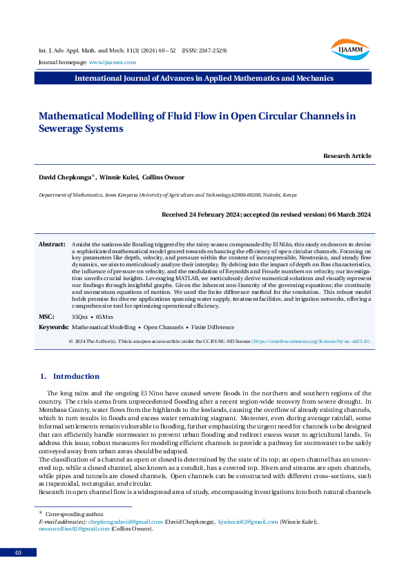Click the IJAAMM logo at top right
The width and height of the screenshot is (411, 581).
pyautogui.click(x=350, y=48)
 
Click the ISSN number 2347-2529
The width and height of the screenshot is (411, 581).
pyautogui.click(x=211, y=51)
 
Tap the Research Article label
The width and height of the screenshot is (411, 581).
pyautogui.click(x=347, y=156)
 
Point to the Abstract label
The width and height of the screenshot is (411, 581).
pyautogui.click(x=51, y=244)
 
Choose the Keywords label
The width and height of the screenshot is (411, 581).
pyautogui.click(x=52, y=326)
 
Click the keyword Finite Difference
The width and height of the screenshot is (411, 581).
pyautogui.click(x=213, y=326)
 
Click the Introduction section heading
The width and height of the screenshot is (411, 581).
pyautogui.click(x=76, y=376)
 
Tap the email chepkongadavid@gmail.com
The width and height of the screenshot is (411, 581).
pyautogui.click(x=125, y=522)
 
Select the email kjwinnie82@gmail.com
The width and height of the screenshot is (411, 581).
pyautogui.click(x=247, y=522)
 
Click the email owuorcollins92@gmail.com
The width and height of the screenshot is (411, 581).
pyautogui.click(x=73, y=529)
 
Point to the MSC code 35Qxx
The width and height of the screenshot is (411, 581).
pyautogui.click(x=80, y=316)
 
